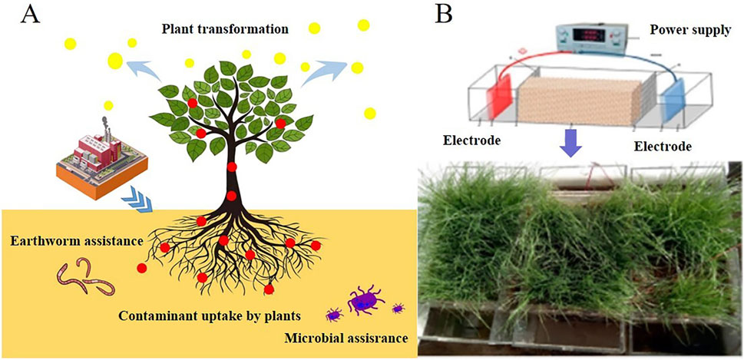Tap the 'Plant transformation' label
(x=225, y=30)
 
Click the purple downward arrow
(x=569, y=142)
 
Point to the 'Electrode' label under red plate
(x=472, y=141)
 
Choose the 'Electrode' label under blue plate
(x=664, y=144)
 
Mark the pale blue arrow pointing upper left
(x=144, y=71)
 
